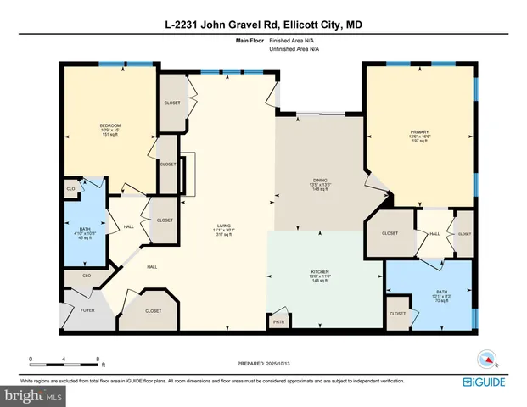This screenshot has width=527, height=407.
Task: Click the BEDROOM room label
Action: pyautogui.click(x=110, y=125)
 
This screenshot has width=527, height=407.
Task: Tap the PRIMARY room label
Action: pyautogui.click(x=419, y=132)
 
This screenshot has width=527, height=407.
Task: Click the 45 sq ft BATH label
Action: pyautogui.click(x=82, y=231)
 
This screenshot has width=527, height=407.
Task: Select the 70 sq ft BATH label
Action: pyautogui.click(x=429, y=292)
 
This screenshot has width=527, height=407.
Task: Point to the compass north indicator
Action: pyautogui.click(x=488, y=357)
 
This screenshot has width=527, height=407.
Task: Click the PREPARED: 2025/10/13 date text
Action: pyautogui.click(x=263, y=362)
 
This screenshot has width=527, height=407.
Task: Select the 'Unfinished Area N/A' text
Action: pyautogui.click(x=288, y=50)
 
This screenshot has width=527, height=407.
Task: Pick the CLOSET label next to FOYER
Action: pyautogui.click(x=153, y=311)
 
